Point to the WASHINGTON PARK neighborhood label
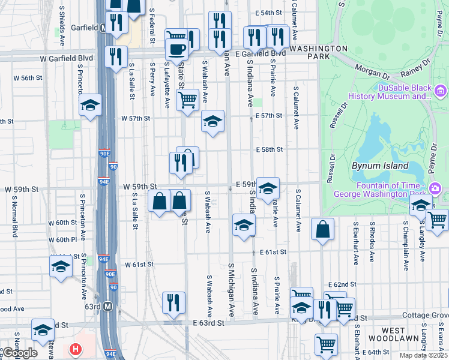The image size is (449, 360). coord(318,52)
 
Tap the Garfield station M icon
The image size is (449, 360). coord(104,28)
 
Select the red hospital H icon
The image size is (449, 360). coord(75,349)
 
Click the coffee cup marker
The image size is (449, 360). coord(177,48)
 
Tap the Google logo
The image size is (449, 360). coord(19,353)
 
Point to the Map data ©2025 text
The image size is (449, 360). coord(423,355)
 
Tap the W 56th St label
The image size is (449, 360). coord(28,78)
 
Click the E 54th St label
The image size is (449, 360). coord(268,13)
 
